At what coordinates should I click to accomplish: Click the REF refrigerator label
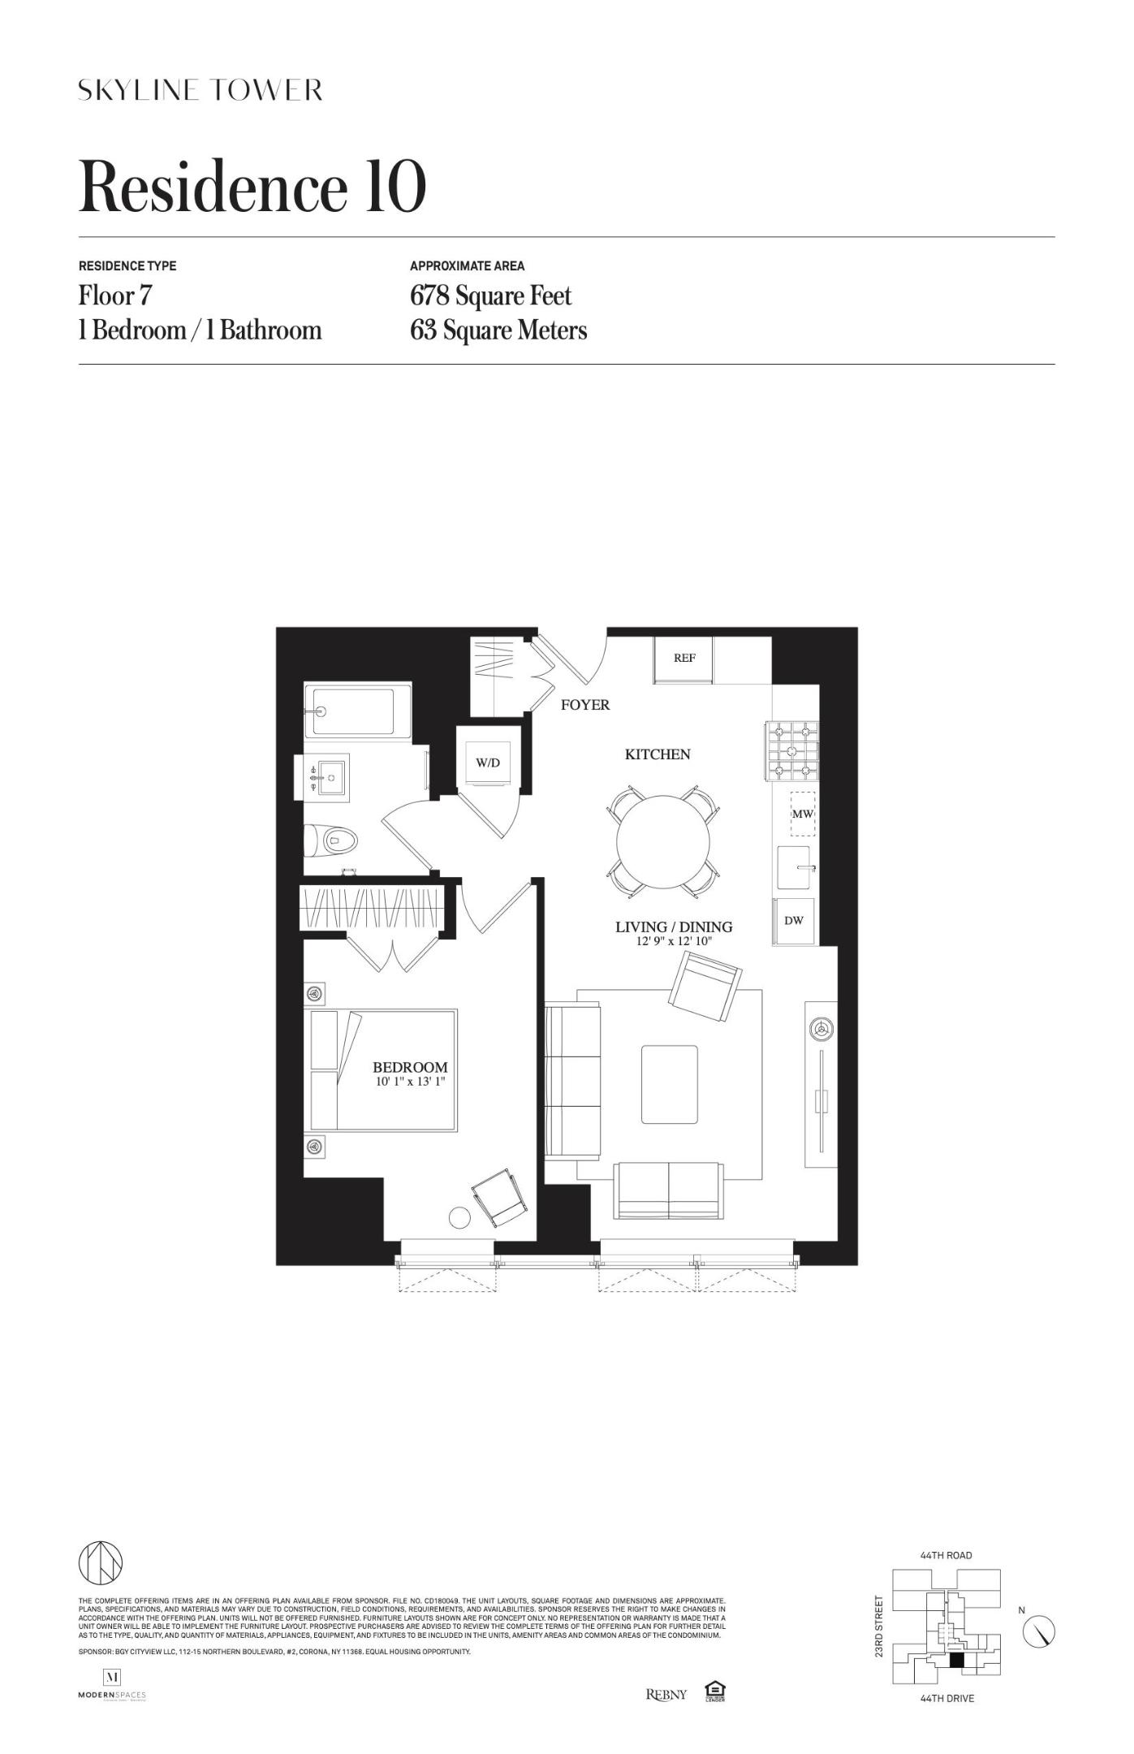(x=684, y=658)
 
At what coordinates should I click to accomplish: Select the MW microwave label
(x=802, y=813)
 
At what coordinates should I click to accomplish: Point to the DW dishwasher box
(x=794, y=921)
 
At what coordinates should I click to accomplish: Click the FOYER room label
(x=585, y=705)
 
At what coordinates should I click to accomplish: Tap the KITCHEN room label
(x=658, y=754)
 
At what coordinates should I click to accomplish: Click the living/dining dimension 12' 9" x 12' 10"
(x=674, y=942)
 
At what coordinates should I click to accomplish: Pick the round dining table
(x=662, y=842)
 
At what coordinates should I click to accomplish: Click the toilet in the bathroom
(x=334, y=841)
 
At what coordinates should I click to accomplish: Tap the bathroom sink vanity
(x=329, y=776)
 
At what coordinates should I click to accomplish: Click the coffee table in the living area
(x=670, y=1084)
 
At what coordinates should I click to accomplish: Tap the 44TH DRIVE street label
(x=946, y=1698)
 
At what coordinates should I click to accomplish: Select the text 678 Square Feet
(x=490, y=296)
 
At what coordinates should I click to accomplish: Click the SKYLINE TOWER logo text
(x=200, y=89)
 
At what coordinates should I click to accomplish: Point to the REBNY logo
(x=666, y=1694)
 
